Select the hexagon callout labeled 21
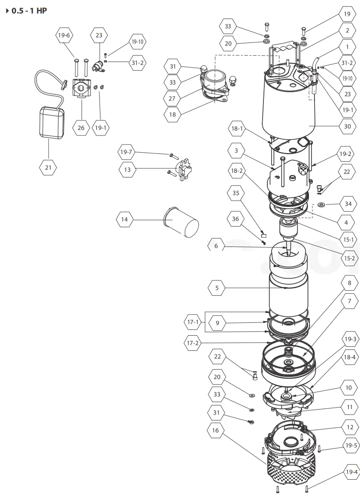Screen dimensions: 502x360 tap(48, 168)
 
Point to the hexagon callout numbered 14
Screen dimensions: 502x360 tap(124, 219)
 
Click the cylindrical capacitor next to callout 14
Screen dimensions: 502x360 tap(182, 222)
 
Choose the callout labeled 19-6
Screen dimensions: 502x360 tap(64, 35)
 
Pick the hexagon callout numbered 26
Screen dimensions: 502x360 tap(81, 127)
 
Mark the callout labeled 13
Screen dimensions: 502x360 tap(127, 170)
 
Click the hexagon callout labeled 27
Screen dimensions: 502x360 tap(172, 98)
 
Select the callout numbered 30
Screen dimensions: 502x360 tap(347, 126)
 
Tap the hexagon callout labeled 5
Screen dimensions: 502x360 tap(217, 288)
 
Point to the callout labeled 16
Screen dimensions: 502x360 tap(215, 430)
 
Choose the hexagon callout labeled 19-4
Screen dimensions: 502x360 tap(351, 472)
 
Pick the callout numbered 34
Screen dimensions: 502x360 tap(348, 204)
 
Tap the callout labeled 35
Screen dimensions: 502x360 tap(236, 193)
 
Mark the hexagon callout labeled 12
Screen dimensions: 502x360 tap(350, 427)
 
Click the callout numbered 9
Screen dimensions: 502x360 tap(218, 323)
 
